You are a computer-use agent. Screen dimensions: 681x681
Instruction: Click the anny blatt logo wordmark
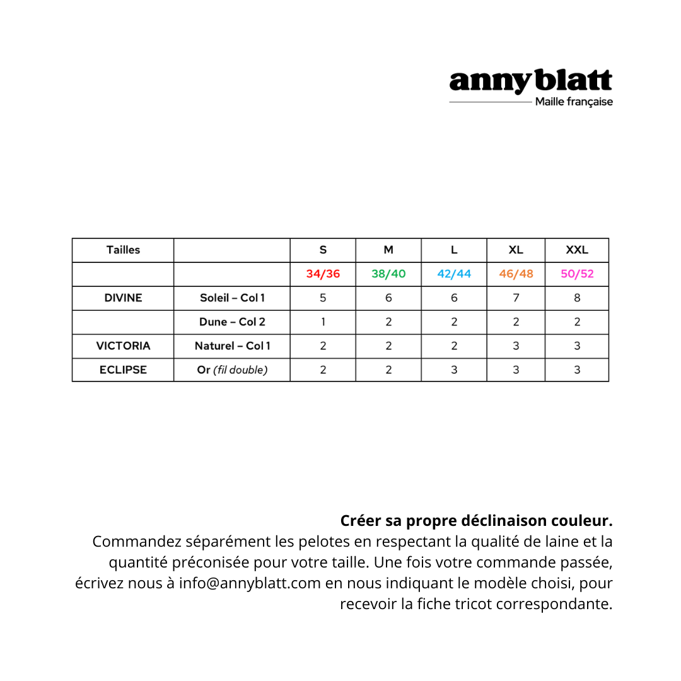(530, 81)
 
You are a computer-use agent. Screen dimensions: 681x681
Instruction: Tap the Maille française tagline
(573, 102)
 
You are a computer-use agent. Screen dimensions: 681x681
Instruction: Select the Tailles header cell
(123, 250)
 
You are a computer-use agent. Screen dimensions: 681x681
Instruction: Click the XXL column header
(576, 250)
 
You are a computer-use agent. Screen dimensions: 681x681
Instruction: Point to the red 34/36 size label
(323, 274)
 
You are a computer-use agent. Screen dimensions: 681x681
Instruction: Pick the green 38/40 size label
(388, 274)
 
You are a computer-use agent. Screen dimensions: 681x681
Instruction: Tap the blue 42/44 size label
(454, 274)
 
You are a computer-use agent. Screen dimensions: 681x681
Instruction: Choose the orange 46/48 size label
(516, 274)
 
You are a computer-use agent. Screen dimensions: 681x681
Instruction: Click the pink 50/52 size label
(577, 274)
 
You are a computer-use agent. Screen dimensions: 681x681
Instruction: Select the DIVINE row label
(123, 298)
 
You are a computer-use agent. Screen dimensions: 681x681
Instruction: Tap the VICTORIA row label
(123, 346)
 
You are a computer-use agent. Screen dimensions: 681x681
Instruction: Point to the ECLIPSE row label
(123, 370)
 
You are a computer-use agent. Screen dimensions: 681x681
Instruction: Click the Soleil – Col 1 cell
(232, 298)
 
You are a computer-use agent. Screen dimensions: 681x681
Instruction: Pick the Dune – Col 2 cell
(232, 322)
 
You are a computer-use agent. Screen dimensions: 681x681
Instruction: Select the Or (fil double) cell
(232, 370)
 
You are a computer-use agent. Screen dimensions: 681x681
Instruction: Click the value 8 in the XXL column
(577, 298)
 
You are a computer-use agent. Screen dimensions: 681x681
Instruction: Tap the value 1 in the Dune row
(323, 322)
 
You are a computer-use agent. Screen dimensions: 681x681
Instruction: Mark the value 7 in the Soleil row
(516, 298)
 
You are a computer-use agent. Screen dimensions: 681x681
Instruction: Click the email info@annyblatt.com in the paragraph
(250, 583)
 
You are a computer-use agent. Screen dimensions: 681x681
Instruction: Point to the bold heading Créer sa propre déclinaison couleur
(476, 521)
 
